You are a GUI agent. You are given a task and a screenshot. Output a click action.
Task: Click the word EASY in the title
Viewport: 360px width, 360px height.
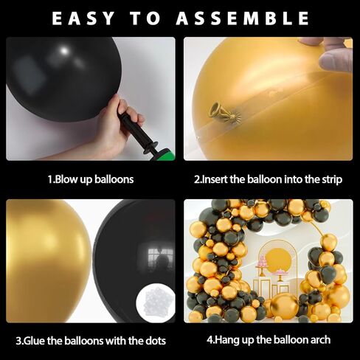(x=83, y=18)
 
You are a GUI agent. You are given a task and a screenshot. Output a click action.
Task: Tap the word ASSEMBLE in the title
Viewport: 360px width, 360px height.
(x=243, y=18)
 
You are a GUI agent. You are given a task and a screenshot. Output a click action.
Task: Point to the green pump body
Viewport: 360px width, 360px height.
(x=164, y=155)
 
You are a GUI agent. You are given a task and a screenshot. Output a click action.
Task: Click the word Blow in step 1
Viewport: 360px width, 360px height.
(x=66, y=179)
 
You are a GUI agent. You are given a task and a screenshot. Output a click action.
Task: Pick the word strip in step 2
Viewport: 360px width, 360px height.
(x=332, y=180)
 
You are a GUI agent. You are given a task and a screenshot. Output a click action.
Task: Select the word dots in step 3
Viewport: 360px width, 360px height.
(x=156, y=341)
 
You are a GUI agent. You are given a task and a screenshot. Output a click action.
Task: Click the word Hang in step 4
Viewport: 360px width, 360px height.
(x=227, y=340)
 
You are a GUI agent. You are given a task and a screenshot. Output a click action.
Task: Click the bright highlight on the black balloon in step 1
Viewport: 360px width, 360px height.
(x=64, y=51)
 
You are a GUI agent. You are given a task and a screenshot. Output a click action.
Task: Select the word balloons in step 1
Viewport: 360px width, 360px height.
(x=114, y=179)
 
